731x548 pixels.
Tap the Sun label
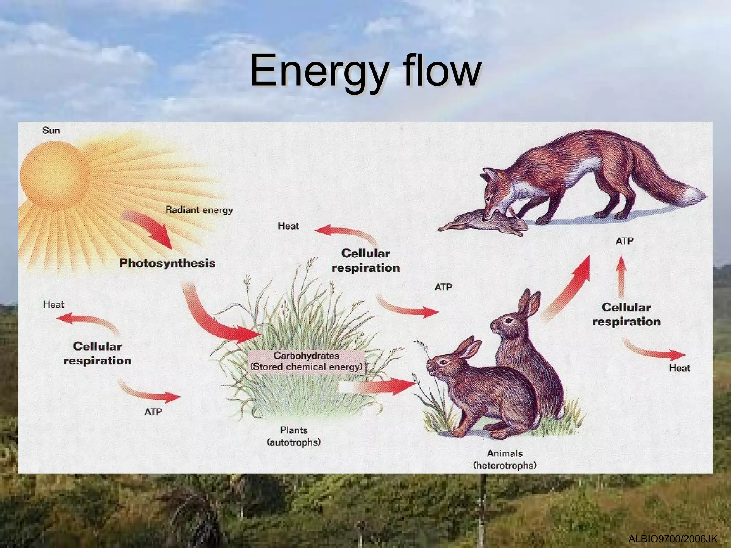(51, 131)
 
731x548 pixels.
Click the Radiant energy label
(199, 210)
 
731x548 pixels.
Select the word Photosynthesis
(167, 263)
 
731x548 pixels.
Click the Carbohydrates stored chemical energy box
(306, 361)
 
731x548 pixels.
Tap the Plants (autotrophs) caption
(294, 436)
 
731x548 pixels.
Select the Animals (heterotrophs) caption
(505, 459)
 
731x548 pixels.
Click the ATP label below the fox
(624, 242)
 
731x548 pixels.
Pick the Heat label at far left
(54, 305)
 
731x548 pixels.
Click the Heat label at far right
(679, 368)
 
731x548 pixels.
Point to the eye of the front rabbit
(444, 362)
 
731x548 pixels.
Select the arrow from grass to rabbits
(382, 386)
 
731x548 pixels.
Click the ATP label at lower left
(153, 412)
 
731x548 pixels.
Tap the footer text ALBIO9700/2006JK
(672, 539)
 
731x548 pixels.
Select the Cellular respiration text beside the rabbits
(626, 315)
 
